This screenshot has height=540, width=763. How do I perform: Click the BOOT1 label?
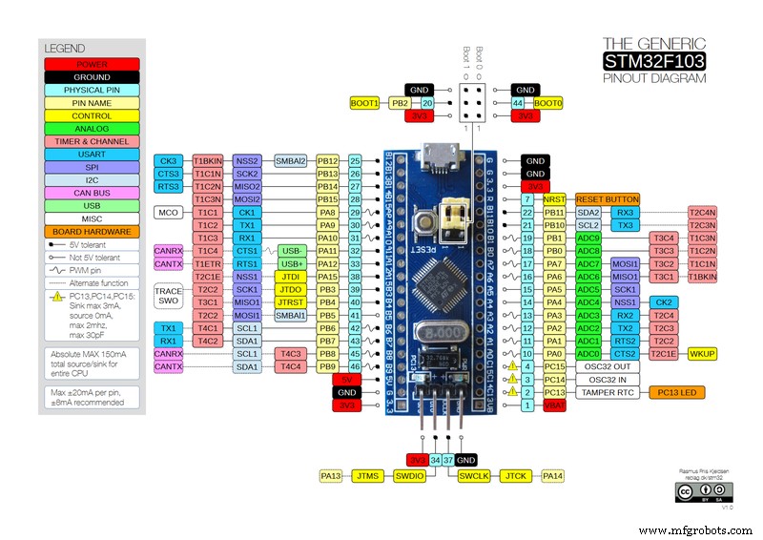tap(364, 102)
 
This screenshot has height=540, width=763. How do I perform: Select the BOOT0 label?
tap(548, 102)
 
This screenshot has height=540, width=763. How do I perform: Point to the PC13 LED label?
tap(676, 392)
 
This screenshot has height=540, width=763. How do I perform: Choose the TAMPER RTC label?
tap(608, 392)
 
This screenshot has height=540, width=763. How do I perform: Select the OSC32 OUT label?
tap(608, 366)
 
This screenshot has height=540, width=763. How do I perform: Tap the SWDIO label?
tap(411, 475)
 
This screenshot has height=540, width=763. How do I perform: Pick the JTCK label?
tap(516, 475)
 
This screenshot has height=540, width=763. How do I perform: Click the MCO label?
tap(169, 213)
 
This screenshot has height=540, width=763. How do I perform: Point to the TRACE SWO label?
tap(169, 295)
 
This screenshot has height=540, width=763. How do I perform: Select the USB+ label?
tap(291, 263)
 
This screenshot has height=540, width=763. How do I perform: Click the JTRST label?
tap(291, 301)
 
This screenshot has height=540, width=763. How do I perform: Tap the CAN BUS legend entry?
tap(92, 192)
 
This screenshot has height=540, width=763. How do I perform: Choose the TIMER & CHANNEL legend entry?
tap(92, 141)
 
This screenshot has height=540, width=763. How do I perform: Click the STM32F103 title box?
tap(654, 62)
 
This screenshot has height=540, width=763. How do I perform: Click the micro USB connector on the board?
tap(444, 151)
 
